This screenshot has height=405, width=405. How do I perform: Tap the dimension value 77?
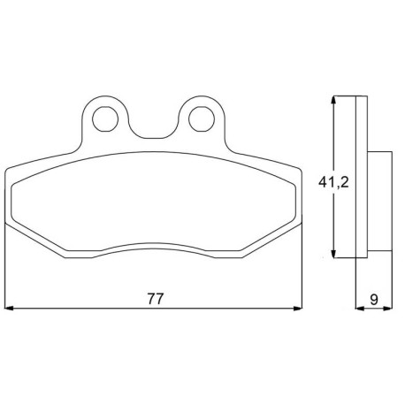tap(155, 299)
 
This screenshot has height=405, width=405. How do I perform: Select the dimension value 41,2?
tap(333, 183)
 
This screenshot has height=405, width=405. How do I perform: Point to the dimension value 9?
tap(374, 300)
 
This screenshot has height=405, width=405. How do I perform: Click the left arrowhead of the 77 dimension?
tap(10, 309)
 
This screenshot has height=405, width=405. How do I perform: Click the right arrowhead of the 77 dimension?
tap(298, 309)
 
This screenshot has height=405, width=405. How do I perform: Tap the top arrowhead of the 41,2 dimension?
tap(333, 100)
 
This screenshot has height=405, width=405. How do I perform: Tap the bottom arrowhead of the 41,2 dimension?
tap(333, 254)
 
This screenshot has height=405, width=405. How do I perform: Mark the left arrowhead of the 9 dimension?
tap(360, 309)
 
